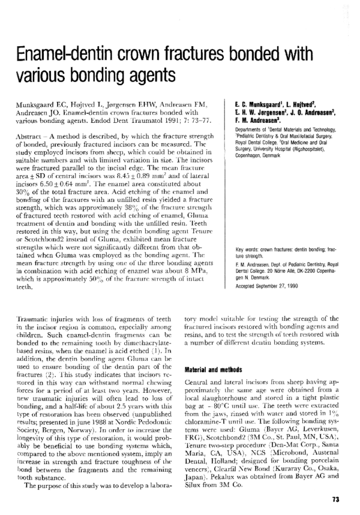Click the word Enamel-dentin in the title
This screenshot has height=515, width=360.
click(x=59, y=56)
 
